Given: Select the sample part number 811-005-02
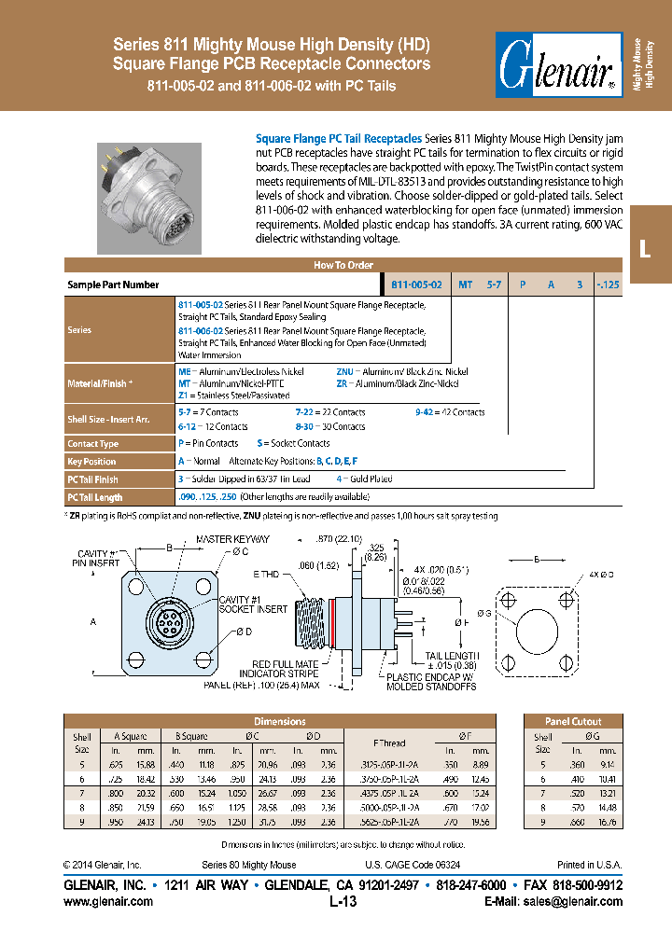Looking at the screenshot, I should pyautogui.click(x=416, y=285).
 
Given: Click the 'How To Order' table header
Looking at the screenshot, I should pyautogui.click(x=343, y=266).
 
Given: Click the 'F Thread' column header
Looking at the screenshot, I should pyautogui.click(x=389, y=743).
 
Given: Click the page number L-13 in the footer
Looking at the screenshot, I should pyautogui.click(x=343, y=902).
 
